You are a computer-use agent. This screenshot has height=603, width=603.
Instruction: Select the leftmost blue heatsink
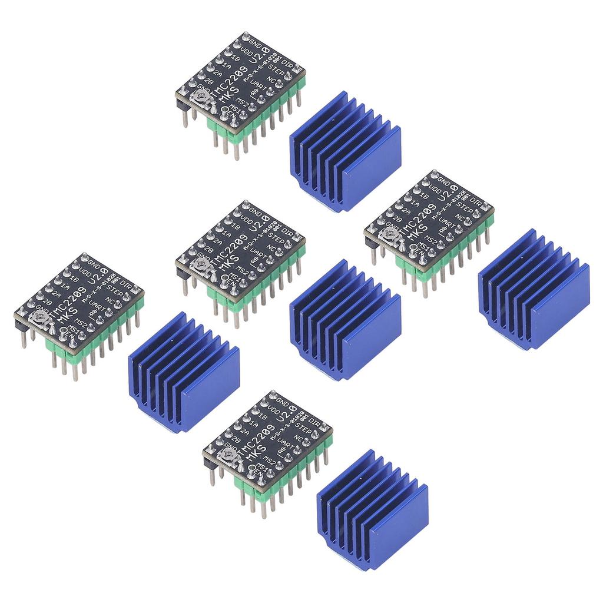pos(184,373)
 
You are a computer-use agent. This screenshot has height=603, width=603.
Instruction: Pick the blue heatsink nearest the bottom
pos(372,511)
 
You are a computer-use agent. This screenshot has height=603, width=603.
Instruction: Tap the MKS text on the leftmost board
pos(71,317)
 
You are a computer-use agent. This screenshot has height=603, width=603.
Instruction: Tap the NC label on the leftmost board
pos(110,300)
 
